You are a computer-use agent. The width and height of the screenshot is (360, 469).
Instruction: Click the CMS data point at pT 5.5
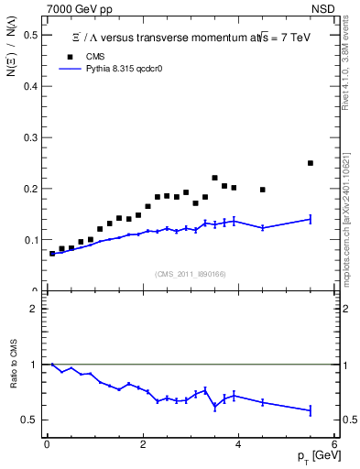coord(311,163)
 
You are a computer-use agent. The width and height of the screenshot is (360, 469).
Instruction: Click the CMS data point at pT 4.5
coord(263,190)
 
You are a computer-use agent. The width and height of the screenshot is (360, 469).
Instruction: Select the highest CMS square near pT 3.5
coord(214,178)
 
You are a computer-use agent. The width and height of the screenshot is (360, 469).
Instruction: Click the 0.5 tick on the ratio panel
coord(33,420)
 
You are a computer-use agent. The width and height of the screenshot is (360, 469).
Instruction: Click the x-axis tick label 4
coord(238,445)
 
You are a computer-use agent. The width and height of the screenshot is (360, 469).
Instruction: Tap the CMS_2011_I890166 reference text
coord(190,274)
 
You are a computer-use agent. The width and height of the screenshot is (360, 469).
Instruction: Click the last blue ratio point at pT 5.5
coord(311,410)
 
